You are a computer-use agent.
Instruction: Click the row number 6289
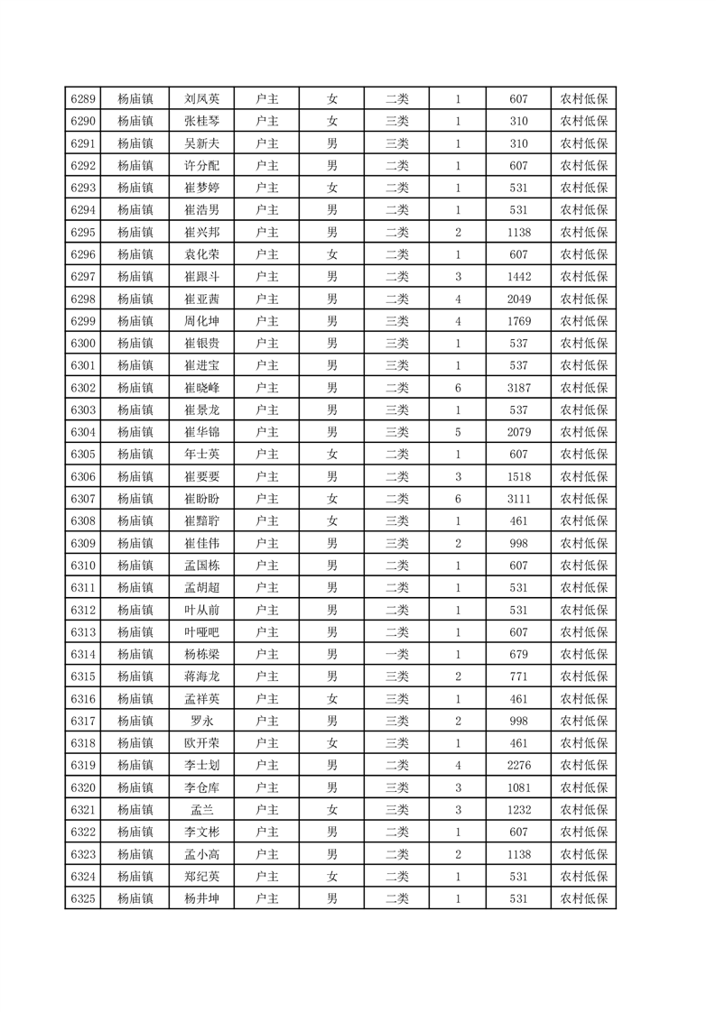[83, 99]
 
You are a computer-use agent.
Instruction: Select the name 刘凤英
[201, 99]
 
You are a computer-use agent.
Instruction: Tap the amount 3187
[518, 388]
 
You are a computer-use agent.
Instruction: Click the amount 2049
[518, 299]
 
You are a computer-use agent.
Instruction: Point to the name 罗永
[201, 721]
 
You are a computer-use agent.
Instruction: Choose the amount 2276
[518, 765]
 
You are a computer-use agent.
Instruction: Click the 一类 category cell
[396, 654]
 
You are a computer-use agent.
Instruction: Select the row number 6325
[83, 898]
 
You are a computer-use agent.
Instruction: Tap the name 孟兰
[201, 810]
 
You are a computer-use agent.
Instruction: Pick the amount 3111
[518, 499]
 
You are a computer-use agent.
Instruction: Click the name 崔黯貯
[201, 521]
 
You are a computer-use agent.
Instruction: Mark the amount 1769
[518, 321]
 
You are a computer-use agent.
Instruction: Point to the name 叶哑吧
[201, 632]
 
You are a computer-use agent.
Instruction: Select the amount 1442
[518, 277]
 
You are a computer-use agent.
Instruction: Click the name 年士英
[201, 455]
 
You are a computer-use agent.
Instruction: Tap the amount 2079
[518, 432]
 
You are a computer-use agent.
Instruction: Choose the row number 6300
[83, 344]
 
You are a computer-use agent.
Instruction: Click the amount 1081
[518, 787]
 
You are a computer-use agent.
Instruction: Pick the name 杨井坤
[201, 898]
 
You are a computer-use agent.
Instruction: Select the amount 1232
[518, 810]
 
